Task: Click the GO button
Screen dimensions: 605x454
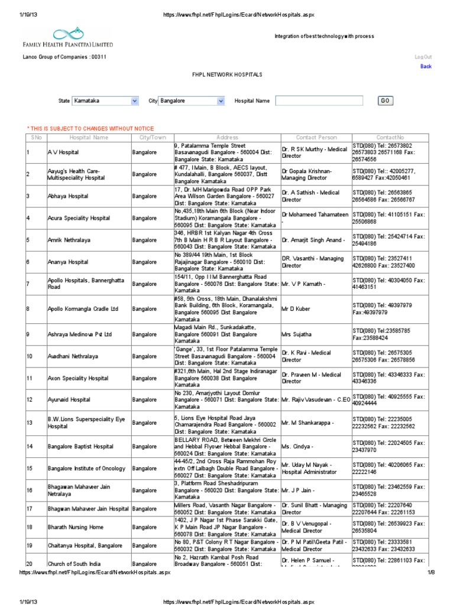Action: tap(385, 101)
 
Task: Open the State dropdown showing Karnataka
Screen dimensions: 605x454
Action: tap(105, 101)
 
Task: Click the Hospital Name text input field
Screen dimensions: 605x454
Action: tap(323, 101)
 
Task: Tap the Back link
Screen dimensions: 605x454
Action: tap(426, 67)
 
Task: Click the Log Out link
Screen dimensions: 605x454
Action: tap(423, 57)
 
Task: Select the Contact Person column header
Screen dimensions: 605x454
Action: tap(316, 138)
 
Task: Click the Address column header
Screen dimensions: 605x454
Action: tap(227, 138)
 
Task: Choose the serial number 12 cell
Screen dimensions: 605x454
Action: tap(29, 400)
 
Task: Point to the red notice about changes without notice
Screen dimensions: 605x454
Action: tap(90, 128)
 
